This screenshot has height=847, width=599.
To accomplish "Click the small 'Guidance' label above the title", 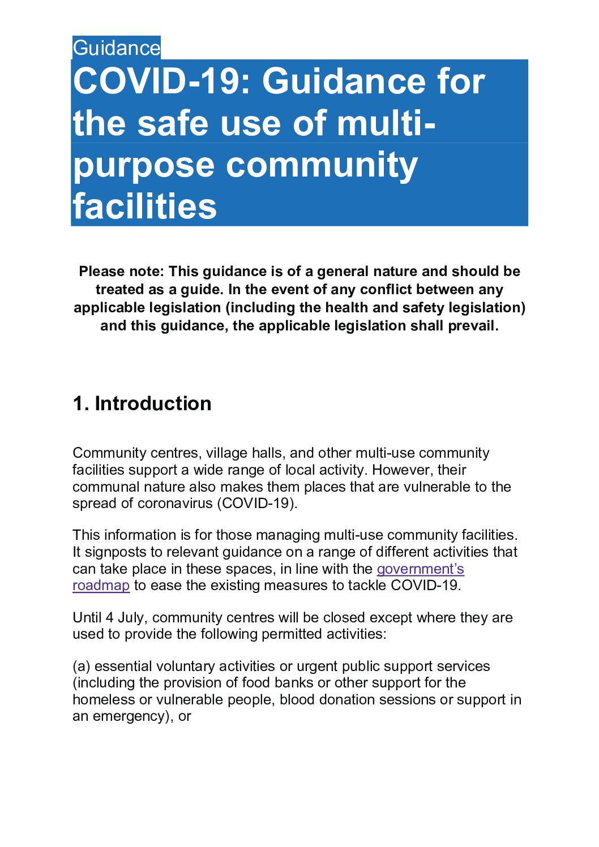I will [x=116, y=48].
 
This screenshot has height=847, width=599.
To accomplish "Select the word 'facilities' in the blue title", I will [x=145, y=207].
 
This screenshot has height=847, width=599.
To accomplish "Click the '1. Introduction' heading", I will [x=142, y=403].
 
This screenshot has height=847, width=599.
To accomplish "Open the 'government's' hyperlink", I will [x=420, y=569].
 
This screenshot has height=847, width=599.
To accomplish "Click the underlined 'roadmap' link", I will [x=101, y=586].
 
